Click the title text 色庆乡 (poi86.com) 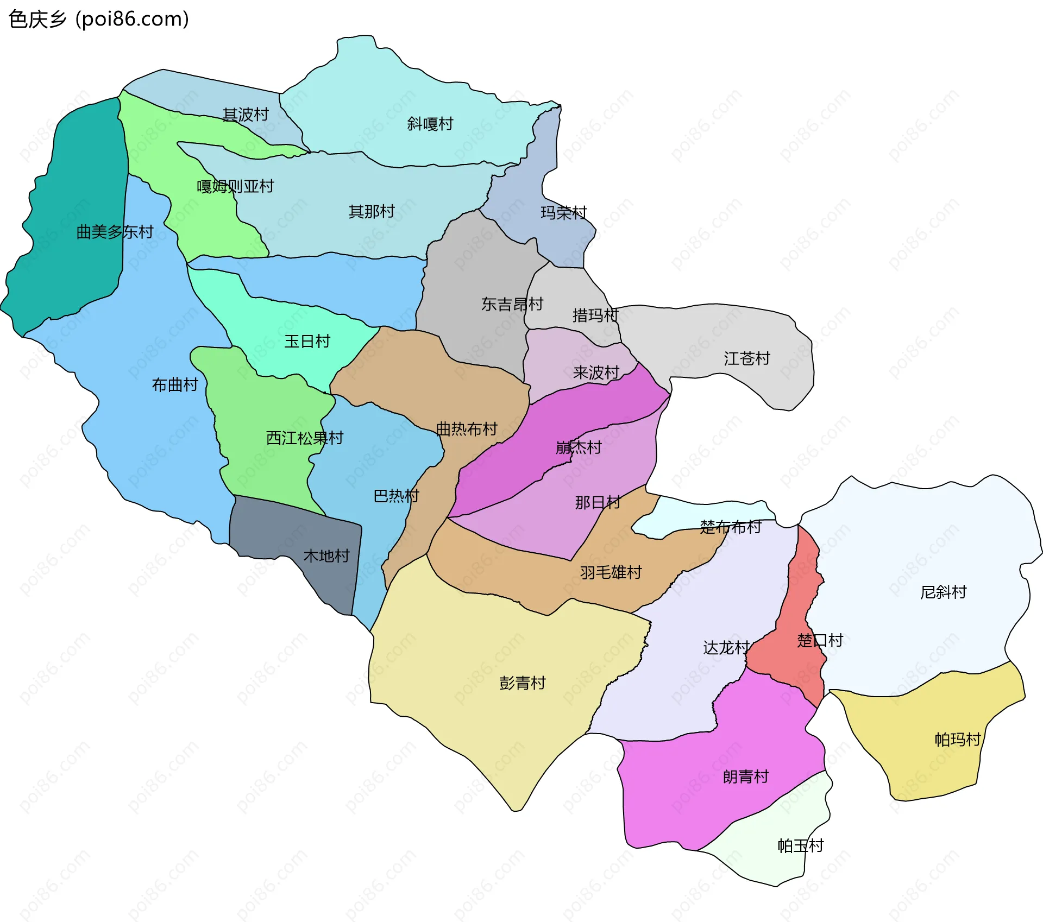tap(99, 19)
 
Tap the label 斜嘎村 tap(430, 124)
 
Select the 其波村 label tap(246, 114)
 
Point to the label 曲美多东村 tap(115, 232)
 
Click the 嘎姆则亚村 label tap(235, 186)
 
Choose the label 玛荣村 tap(564, 212)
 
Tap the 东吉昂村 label tap(512, 304)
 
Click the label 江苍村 tap(746, 358)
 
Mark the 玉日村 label tap(307, 341)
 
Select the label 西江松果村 tap(304, 438)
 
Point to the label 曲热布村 tap(467, 429)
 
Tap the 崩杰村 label tap(579, 447)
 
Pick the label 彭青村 tap(522, 683)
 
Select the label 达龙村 tap(726, 647)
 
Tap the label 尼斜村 tap(943, 592)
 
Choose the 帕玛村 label tap(957, 740)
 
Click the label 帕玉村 tap(800, 845)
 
